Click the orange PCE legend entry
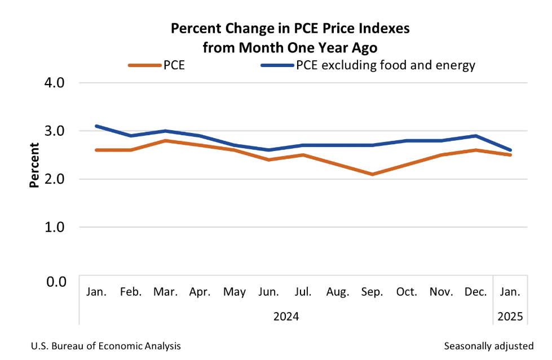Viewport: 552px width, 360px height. coord(157,65)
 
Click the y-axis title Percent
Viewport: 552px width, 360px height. coord(34,165)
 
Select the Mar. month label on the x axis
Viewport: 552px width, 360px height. coord(166,292)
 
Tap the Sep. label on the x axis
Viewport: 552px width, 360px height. coord(372,292)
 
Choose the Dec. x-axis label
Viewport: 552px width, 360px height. coord(476,292)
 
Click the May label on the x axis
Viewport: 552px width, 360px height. coord(235,292)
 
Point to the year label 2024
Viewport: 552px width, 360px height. coord(286,316)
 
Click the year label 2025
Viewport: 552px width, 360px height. coord(510,316)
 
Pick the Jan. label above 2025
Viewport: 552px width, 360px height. coord(510,292)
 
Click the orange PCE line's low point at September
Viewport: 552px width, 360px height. coord(372,174)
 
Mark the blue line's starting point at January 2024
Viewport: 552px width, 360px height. coord(97,126)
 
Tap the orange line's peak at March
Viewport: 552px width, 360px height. coord(166,140)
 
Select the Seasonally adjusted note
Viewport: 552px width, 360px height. coord(488,345)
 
